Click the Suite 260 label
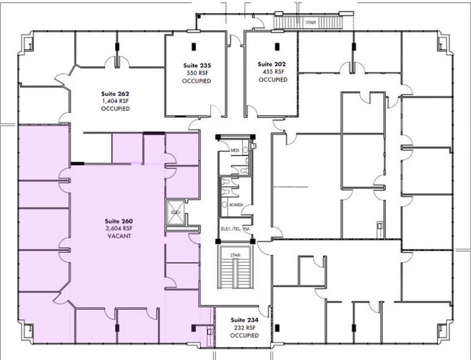[119, 221]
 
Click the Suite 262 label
[115, 94]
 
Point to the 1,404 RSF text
[115, 101]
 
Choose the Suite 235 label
[196, 64]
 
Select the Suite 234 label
[243, 320]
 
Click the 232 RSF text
[243, 328]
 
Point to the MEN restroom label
[234, 150]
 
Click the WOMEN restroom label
[236, 204]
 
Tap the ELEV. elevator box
[176, 211]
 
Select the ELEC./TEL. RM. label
[236, 230]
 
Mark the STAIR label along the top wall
[310, 23]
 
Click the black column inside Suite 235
[194, 45]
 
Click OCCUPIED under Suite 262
[115, 108]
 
